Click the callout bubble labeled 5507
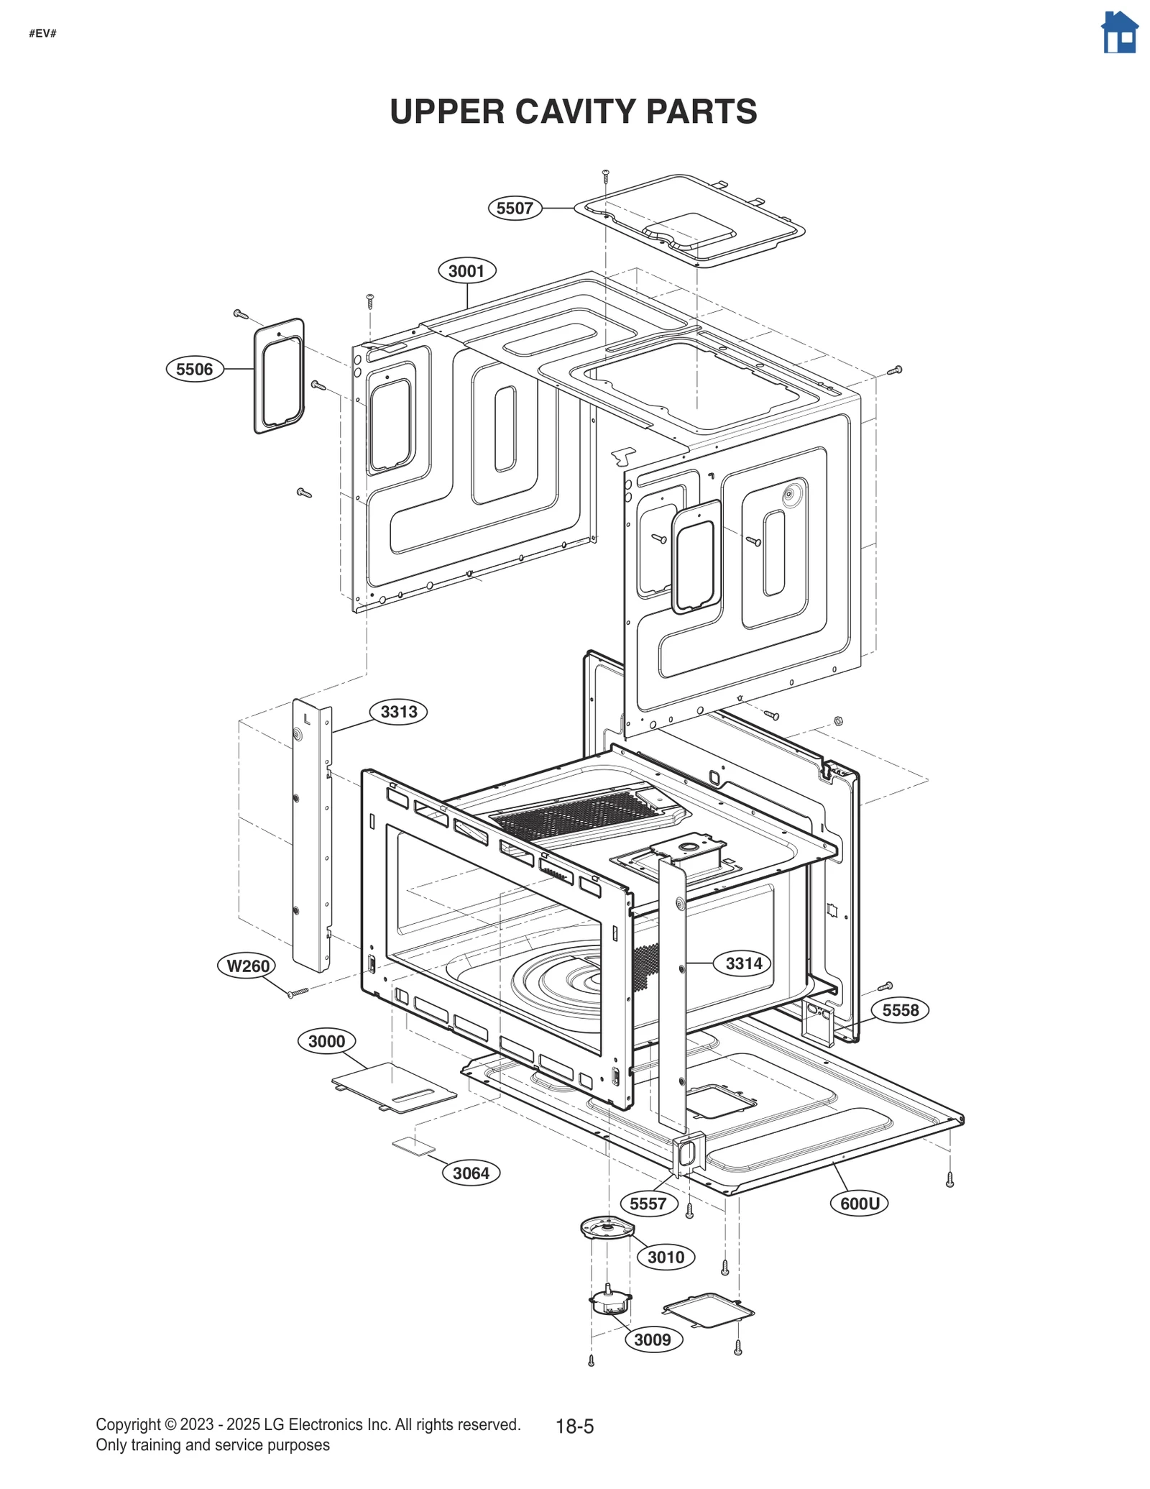pos(515,209)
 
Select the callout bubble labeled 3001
pos(466,271)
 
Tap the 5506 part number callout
pos(195,370)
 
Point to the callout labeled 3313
pos(398,712)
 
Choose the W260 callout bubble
pos(247,966)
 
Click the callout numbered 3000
pos(326,1041)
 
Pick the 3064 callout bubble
pos(471,1173)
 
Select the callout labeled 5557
pos(648,1204)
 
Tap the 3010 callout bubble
pos(666,1257)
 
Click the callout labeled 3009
pos(653,1339)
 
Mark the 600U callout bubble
pos(859,1204)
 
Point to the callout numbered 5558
pos(900,1010)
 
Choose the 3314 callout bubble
pos(743,963)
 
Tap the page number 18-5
pos(574,1427)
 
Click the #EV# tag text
pos(42,34)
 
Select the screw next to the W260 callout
pos(298,993)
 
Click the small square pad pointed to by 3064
pos(413,1146)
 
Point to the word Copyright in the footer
pos(128,1425)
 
